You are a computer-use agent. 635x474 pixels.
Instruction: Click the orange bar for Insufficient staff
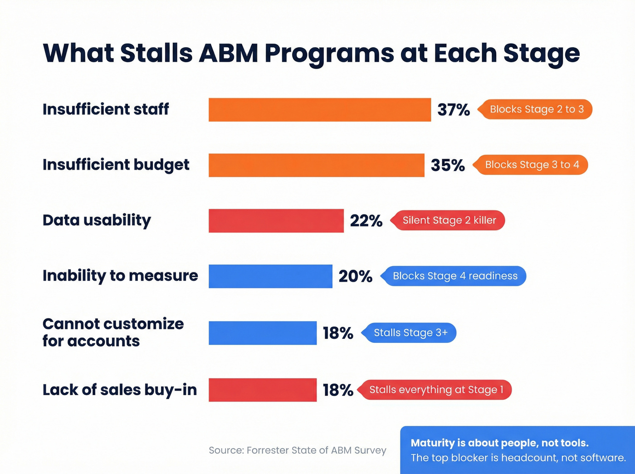320,110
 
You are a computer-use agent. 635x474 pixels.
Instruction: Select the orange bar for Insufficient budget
316,165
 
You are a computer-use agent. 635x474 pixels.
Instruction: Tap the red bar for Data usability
276,221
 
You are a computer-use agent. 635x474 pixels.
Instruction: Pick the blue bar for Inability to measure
270,276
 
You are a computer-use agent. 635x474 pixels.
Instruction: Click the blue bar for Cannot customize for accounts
263,333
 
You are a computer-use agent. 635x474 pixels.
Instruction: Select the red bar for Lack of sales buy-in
263,390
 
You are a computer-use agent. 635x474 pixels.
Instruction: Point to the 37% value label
454,110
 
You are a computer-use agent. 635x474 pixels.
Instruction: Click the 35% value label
448,165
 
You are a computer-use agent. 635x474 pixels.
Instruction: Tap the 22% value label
366,221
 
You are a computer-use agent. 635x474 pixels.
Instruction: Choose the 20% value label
355,276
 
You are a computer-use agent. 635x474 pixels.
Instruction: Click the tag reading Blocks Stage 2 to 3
537,109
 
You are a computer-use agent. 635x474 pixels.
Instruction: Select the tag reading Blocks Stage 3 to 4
532,165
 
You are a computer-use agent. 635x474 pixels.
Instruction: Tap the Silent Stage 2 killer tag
449,220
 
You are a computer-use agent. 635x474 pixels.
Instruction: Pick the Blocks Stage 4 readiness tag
454,276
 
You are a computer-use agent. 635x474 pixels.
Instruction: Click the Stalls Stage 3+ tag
410,333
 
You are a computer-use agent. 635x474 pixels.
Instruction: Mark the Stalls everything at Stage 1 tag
436,390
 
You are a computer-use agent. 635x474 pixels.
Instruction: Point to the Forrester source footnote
298,450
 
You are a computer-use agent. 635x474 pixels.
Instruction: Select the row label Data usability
97,220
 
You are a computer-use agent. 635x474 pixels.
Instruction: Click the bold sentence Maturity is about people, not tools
499,443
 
